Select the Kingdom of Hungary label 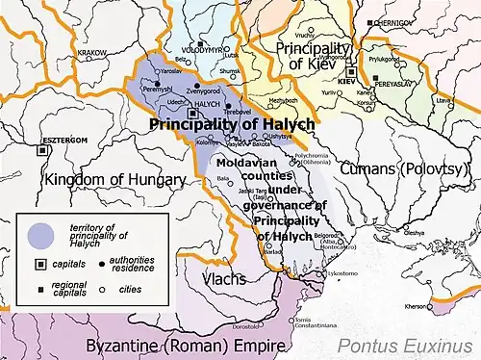[100, 180]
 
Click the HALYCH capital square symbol [190, 113]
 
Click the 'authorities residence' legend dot [99, 263]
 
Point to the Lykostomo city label [342, 274]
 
